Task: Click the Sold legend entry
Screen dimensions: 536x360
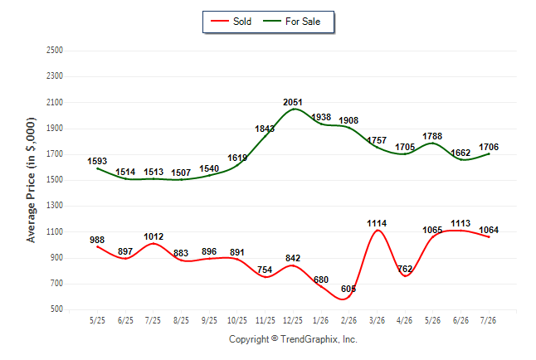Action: (231, 22)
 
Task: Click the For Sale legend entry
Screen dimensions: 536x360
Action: (291, 22)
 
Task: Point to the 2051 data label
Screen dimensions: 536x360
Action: (293, 102)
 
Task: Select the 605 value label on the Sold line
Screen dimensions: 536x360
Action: (348, 289)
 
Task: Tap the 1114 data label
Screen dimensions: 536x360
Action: (377, 223)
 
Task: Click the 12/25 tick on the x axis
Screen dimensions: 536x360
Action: (293, 320)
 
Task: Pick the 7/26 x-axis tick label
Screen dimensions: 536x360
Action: (488, 320)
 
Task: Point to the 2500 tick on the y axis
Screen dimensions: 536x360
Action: (55, 50)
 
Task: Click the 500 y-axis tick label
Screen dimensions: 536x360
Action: (56, 309)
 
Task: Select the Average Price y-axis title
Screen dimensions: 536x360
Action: (31, 180)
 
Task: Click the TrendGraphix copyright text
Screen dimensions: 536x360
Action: (293, 339)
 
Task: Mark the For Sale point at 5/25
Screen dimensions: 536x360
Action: (97, 168)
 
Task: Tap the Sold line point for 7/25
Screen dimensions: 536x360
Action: (153, 243)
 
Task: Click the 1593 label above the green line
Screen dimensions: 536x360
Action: (97, 161)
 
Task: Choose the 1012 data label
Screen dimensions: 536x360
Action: (153, 236)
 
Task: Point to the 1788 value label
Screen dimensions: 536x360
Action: (432, 136)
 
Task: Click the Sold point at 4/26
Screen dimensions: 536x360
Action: (405, 275)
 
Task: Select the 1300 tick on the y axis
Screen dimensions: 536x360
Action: (55, 205)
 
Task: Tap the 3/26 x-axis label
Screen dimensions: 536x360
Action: (377, 320)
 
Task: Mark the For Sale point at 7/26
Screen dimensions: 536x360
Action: (489, 153)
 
